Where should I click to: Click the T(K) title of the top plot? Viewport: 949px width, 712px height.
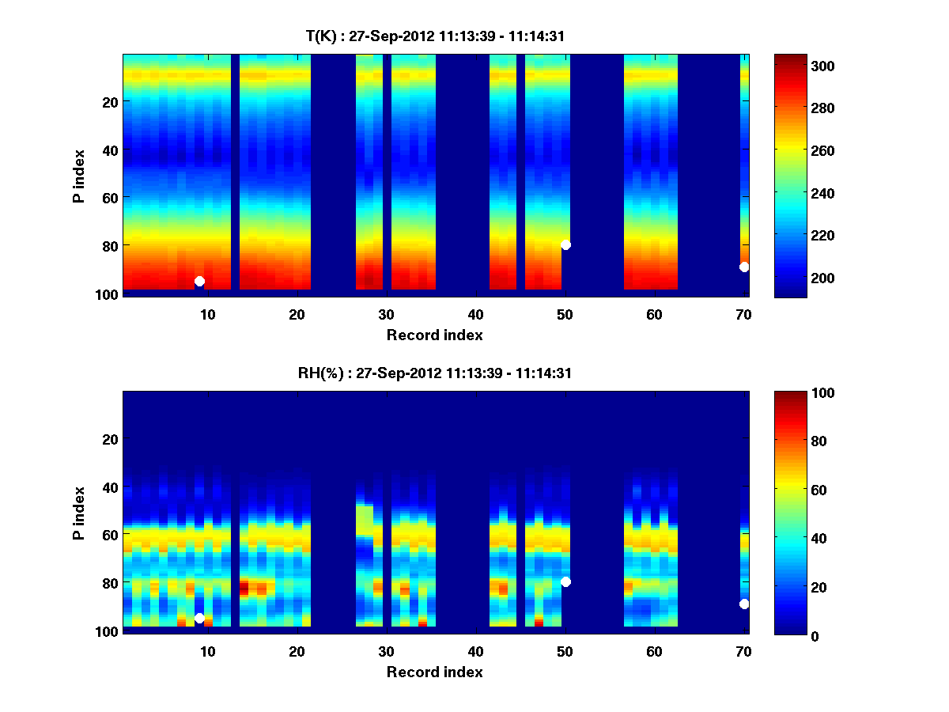tap(435, 36)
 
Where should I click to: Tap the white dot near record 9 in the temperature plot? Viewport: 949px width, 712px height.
tap(199, 281)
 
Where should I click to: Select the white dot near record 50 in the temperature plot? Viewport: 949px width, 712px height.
tap(565, 244)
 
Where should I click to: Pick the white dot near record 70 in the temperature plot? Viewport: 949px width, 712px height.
tap(744, 267)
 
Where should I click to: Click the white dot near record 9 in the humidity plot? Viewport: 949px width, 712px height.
tap(199, 618)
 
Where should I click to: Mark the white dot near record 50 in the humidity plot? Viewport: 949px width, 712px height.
tap(565, 581)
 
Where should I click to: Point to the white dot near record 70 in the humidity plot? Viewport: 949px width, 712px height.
tap(744, 604)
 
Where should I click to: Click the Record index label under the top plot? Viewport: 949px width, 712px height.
tap(434, 335)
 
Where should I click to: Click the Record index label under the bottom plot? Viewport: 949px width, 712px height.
tap(434, 672)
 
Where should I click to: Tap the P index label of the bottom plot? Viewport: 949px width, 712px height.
tap(78, 513)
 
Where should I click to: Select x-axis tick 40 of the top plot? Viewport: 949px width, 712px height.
tap(475, 314)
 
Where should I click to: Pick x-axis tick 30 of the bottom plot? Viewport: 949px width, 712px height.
tap(386, 651)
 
